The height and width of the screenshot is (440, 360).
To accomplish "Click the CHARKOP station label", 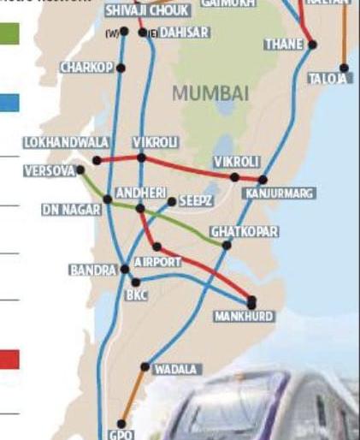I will click(86, 68).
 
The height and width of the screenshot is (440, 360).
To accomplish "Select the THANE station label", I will click(284, 43).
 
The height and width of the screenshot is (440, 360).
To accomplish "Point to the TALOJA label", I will click(328, 79).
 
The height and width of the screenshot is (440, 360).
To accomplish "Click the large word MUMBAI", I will click(210, 92).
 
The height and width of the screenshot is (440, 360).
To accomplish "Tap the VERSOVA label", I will click(50, 171).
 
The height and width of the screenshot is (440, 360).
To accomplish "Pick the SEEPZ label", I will click(195, 200).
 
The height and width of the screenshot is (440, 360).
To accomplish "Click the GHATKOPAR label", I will click(244, 232).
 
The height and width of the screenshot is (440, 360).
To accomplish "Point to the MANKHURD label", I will click(244, 317).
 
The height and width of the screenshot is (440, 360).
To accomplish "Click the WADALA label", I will click(175, 370).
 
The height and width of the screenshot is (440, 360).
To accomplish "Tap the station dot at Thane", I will click(312, 45).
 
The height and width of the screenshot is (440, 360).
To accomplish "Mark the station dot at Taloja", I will click(344, 68).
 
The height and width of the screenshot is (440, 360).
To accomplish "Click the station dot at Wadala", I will click(145, 366).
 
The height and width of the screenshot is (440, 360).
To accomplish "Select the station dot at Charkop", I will click(121, 68).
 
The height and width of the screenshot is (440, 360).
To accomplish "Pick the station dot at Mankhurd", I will click(251, 301).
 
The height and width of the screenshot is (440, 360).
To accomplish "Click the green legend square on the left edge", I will click(9, 34).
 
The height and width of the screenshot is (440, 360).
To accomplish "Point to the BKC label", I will click(137, 296).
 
